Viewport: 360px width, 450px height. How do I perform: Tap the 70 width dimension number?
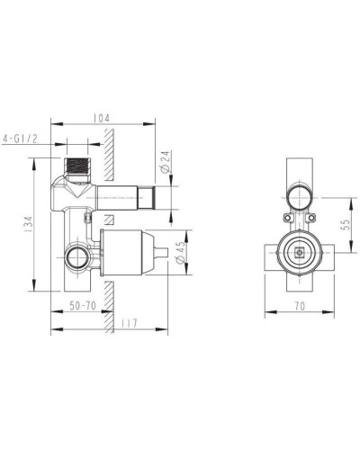pos(299,306)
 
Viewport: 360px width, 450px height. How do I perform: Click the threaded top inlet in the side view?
pos(79,168)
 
